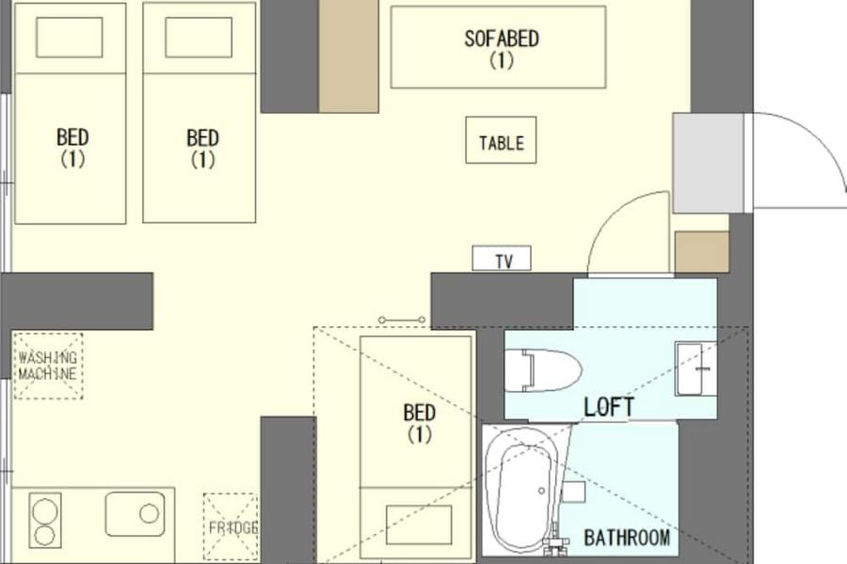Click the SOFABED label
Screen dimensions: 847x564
pos(502,39)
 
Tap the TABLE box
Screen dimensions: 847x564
pos(501,140)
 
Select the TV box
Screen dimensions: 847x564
pos(502,258)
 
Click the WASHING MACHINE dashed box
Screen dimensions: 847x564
pos(48,366)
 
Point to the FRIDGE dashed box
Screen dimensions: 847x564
pos(231,526)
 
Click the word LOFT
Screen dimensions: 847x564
pos(609,407)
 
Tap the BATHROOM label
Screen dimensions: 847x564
pos(627,538)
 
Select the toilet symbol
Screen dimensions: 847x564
pos(542,370)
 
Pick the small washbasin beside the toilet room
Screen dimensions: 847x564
pos(695,368)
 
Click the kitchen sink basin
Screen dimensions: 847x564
pos(135,514)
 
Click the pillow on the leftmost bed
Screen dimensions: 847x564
pos(69,38)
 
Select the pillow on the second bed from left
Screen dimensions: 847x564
pos(199,38)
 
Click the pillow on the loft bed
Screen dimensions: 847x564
pos(419,525)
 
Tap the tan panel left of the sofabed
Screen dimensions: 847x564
pos(348,56)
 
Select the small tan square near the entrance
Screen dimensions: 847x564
pos(702,252)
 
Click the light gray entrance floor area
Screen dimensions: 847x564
pos(708,163)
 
